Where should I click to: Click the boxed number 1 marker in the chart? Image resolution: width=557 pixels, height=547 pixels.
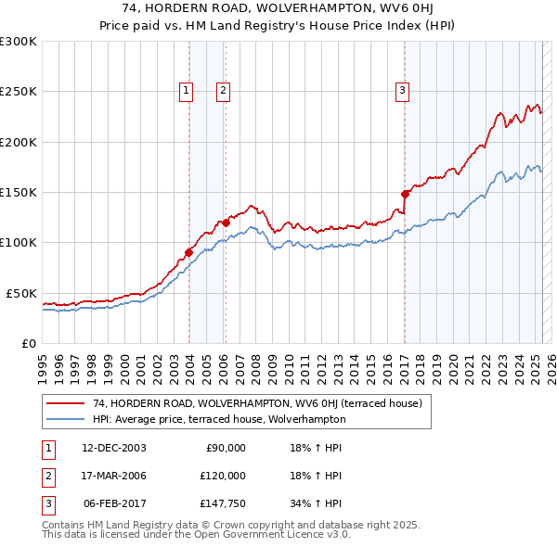(187, 91)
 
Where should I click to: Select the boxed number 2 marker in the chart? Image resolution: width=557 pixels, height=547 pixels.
(225, 91)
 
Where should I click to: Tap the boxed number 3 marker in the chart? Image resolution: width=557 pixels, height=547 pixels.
(402, 91)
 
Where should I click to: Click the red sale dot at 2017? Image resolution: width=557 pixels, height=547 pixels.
(405, 194)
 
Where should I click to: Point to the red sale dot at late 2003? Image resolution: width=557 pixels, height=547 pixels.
(188, 251)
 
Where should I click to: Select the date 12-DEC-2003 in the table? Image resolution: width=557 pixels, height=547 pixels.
(114, 448)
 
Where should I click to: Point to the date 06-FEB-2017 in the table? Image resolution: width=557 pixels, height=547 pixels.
(114, 503)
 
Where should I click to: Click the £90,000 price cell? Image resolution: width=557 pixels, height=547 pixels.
(226, 448)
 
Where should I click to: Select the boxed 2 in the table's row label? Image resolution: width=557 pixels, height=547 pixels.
(45, 476)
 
